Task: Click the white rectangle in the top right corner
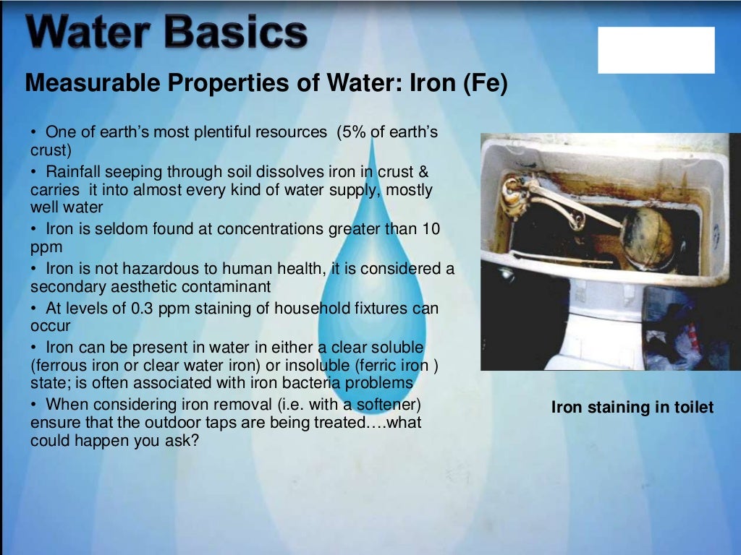656,50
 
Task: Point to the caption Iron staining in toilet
632,408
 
